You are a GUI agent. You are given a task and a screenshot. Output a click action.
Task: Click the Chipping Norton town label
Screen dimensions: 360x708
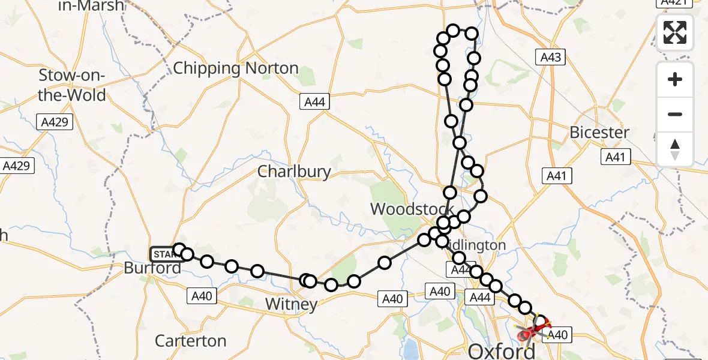coord(235,68)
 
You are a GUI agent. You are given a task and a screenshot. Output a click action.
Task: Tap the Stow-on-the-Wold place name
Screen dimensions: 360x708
coord(72,85)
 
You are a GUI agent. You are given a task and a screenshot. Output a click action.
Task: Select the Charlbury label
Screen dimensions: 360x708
coord(294,172)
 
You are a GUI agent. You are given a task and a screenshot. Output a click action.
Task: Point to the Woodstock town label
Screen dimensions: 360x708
coord(409,209)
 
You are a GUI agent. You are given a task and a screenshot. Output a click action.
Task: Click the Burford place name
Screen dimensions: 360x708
coord(152,268)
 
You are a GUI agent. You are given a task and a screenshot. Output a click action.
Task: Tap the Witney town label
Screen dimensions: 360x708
coord(291,304)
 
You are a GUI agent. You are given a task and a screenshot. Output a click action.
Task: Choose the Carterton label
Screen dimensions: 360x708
coord(190,341)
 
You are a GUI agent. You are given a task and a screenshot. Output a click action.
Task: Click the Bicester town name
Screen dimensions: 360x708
coord(599,133)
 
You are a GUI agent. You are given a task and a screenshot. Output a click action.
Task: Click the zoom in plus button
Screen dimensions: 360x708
coord(675,80)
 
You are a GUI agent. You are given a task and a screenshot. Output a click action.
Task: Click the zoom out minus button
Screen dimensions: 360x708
coord(675,114)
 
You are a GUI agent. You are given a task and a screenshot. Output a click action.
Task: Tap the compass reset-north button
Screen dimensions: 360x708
coord(675,149)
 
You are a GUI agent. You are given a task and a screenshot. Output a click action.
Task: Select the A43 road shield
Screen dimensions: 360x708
coord(550,57)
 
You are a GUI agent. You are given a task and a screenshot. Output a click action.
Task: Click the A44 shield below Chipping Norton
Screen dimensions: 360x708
coord(314,102)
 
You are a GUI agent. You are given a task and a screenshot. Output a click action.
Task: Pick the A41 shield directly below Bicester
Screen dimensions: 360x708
coord(615,157)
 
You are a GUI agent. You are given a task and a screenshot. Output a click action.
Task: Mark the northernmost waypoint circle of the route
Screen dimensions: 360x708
coord(453,31)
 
